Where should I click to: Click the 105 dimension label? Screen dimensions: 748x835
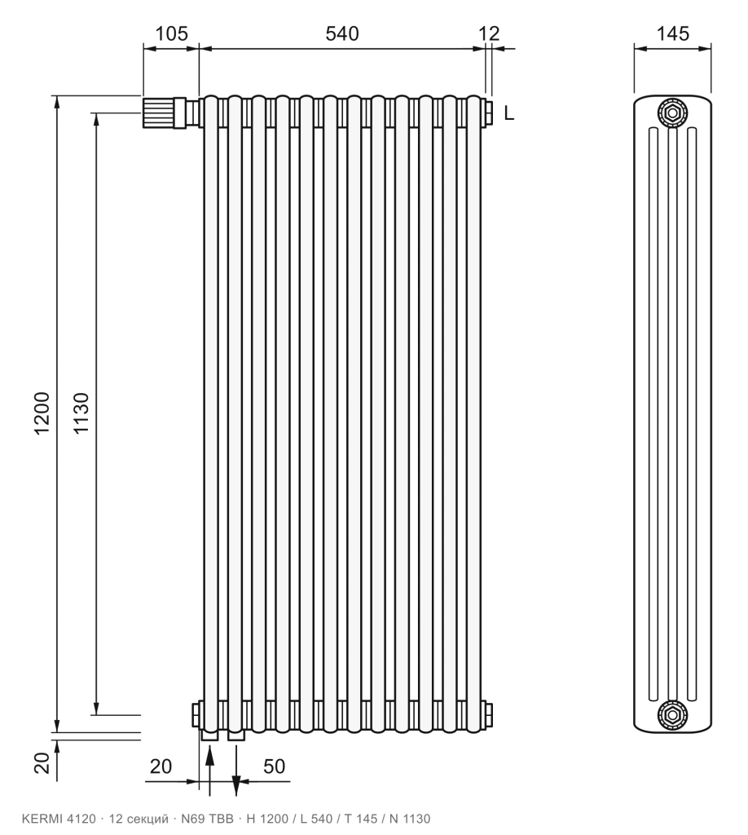[171, 33]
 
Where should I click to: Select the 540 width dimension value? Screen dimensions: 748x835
[342, 33]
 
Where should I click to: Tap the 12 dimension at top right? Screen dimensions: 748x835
[489, 33]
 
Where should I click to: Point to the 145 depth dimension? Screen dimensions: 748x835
[672, 33]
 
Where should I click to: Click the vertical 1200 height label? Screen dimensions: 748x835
[42, 413]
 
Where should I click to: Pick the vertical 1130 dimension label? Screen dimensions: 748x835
[81, 413]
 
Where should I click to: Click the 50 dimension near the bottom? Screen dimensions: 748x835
[275, 767]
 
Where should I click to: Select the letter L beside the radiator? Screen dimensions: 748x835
[509, 113]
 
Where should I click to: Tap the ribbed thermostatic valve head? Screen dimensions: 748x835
[158, 113]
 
